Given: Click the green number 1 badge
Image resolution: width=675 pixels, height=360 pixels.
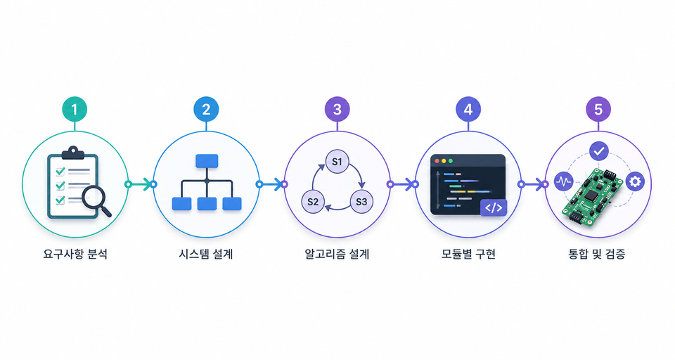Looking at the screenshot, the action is (75, 109).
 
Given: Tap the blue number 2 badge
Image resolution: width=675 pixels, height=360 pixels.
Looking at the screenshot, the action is (206, 109).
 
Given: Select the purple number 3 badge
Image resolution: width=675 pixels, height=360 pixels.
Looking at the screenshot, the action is (337, 109).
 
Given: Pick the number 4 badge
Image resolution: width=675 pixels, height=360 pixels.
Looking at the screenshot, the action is (468, 109).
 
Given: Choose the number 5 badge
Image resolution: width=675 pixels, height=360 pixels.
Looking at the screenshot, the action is (598, 109).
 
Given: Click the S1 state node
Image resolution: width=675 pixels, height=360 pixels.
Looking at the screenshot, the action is (337, 162).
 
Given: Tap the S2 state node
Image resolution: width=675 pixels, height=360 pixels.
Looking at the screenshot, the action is (313, 202).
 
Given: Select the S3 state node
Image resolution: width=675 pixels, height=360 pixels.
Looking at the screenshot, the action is (361, 202).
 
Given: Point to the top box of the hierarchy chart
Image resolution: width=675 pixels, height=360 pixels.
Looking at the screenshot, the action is (207, 160).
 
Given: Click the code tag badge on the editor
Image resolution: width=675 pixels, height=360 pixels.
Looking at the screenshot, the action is (494, 207).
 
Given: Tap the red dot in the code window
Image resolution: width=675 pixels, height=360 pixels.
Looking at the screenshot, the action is (437, 160).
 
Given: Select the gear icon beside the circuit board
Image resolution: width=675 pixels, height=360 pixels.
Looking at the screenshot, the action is (635, 181).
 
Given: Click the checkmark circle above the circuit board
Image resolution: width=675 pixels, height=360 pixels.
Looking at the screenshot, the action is (599, 151).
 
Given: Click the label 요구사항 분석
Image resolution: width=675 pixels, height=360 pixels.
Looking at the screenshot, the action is (75, 254).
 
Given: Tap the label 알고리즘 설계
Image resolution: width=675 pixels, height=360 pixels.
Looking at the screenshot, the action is (337, 254).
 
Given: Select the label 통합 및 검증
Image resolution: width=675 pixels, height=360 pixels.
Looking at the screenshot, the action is (597, 254).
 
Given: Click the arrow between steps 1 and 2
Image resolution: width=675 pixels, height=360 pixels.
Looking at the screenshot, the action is (141, 184).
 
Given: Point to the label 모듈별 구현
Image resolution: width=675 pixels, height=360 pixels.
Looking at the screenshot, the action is (468, 254).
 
